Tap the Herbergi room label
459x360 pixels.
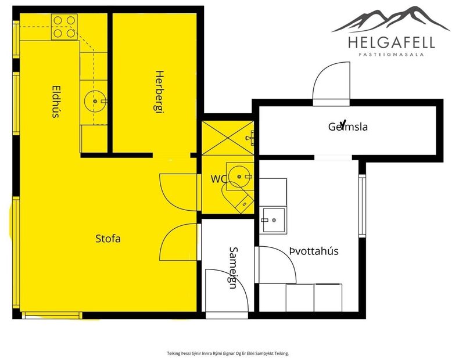point(158,93)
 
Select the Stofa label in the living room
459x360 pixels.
point(108,238)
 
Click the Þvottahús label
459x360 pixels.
point(314,251)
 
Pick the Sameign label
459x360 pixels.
point(232,268)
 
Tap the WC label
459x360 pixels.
point(218,179)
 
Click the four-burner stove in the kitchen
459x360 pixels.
point(64,27)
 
